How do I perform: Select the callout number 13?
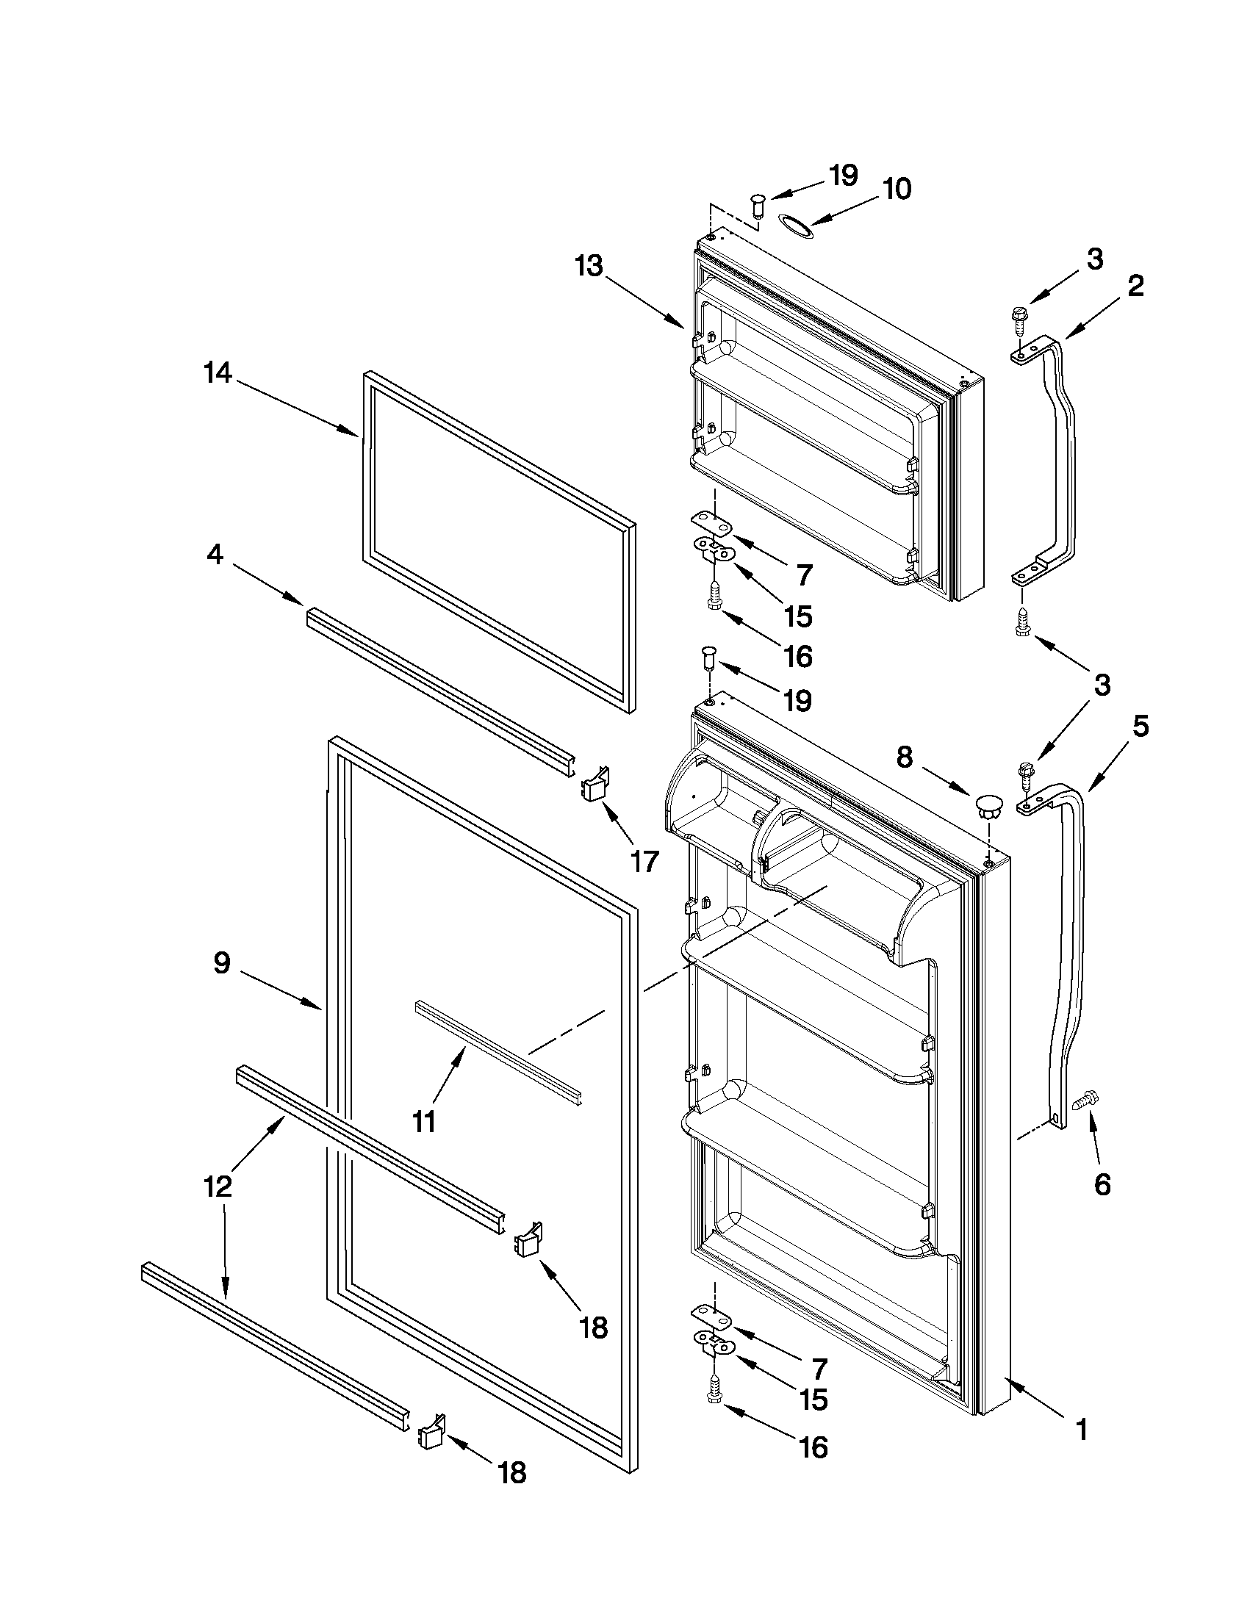(x=589, y=266)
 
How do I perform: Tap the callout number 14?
(x=218, y=375)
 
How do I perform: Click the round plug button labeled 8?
(x=987, y=804)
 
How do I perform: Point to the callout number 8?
(x=905, y=757)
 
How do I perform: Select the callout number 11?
(x=423, y=1122)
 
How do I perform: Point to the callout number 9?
(x=221, y=963)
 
